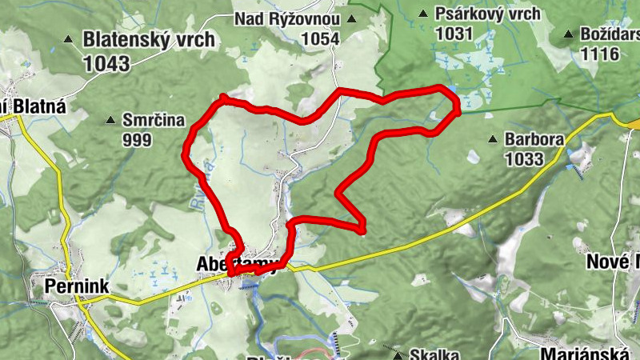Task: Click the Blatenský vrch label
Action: click(x=149, y=38)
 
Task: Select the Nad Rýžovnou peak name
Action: click(x=287, y=19)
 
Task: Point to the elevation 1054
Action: click(x=321, y=38)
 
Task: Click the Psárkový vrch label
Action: click(x=488, y=14)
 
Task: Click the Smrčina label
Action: click(x=154, y=121)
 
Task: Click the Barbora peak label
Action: click(x=534, y=139)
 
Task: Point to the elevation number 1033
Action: click(x=524, y=158)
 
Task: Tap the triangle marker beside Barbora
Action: click(x=493, y=139)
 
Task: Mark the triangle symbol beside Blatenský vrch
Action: click(x=69, y=38)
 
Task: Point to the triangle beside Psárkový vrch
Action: click(x=423, y=14)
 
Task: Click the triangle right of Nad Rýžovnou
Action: click(x=351, y=19)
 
